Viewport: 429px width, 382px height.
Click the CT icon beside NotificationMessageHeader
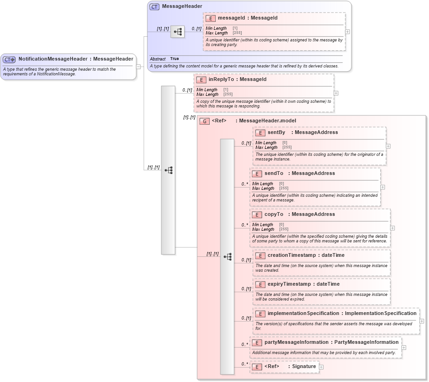tap(9, 60)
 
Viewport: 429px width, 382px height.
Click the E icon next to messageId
tap(211, 18)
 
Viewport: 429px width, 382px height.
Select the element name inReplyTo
tap(221, 80)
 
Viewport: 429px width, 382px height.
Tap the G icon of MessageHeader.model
tap(204, 121)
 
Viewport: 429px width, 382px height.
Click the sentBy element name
tap(276, 133)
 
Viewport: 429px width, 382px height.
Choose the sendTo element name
tap(273, 174)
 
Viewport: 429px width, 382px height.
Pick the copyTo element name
tap(273, 214)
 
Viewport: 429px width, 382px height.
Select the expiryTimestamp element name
tap(289, 284)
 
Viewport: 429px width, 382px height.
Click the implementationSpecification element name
tap(303, 314)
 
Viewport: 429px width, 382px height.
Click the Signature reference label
tap(304, 367)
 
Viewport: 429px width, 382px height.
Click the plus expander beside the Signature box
tap(321, 367)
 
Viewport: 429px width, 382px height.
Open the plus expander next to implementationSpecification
tap(422, 321)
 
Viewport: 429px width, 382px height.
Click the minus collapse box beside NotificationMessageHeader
tap(139, 67)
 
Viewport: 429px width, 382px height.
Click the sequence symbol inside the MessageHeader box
tap(178, 32)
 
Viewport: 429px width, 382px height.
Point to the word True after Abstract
tap(174, 59)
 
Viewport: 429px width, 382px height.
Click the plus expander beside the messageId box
tap(347, 32)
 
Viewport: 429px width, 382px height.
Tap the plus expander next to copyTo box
tap(393, 228)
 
